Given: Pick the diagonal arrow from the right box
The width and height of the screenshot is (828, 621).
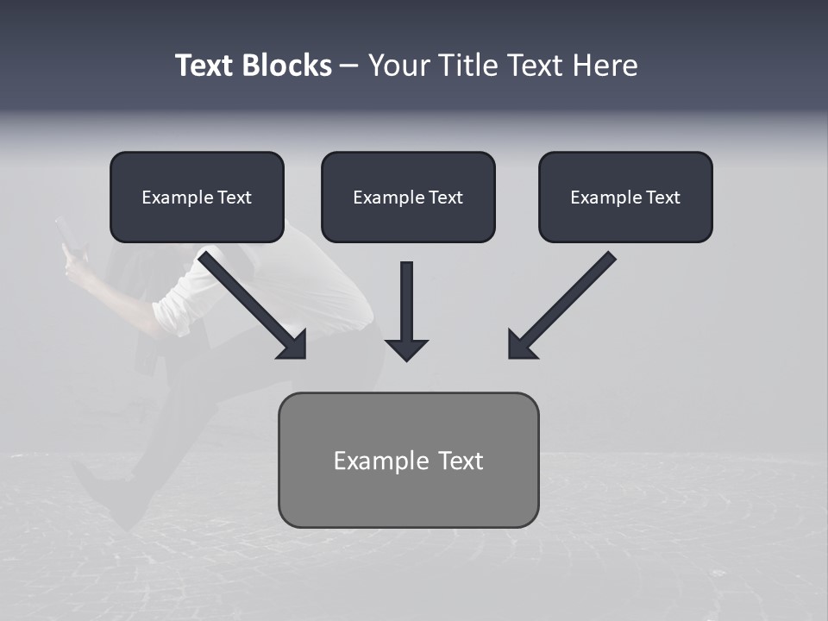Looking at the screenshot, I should tap(569, 298).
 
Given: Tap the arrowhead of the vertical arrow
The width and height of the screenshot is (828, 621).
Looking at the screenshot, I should tap(406, 348).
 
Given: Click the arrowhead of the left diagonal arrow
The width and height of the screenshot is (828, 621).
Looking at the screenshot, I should tap(293, 345).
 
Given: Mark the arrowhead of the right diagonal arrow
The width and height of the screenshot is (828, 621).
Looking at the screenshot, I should tap(521, 345).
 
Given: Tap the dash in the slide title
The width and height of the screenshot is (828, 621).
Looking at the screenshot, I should tap(349, 66).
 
